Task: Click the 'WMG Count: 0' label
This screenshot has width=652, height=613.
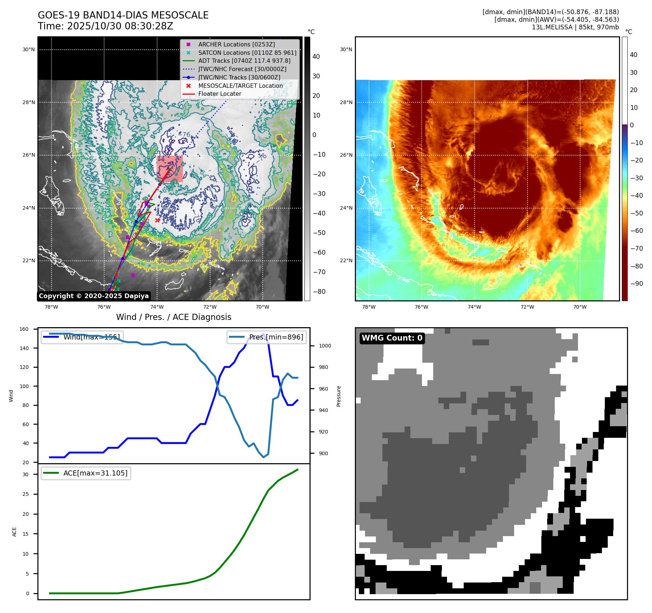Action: pos(392,338)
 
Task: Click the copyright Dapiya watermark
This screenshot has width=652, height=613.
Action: pos(94,296)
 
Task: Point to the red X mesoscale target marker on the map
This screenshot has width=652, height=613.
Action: pos(157,220)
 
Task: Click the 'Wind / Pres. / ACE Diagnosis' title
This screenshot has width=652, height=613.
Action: pos(173,317)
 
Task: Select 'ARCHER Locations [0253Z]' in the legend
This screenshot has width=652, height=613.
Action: pos(236,44)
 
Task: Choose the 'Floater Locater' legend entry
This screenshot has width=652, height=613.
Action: pos(220,94)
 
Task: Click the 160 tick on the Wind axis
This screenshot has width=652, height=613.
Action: pos(24,329)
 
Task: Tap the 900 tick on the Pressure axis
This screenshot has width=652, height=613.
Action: pos(323,453)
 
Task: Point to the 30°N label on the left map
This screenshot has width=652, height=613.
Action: pos(29,50)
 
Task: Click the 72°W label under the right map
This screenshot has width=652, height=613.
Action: pos(527,307)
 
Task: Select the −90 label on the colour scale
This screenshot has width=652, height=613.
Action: pos(636,284)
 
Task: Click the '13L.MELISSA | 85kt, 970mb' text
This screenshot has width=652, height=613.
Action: pos(575,27)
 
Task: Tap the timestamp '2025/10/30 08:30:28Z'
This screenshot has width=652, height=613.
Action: pos(120,26)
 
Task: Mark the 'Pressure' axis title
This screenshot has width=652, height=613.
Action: pos(339,396)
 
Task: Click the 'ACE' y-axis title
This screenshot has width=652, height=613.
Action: pos(15,532)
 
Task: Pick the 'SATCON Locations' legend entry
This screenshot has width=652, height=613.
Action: pos(247,53)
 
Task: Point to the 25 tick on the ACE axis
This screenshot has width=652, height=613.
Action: pos(25,494)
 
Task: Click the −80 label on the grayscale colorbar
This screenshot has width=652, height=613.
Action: pos(319,292)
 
